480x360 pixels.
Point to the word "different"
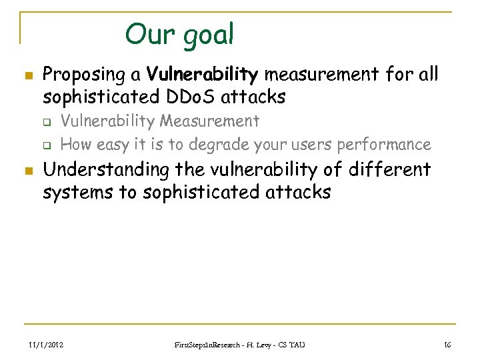click(x=387, y=169)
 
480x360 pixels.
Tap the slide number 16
click(x=448, y=345)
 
